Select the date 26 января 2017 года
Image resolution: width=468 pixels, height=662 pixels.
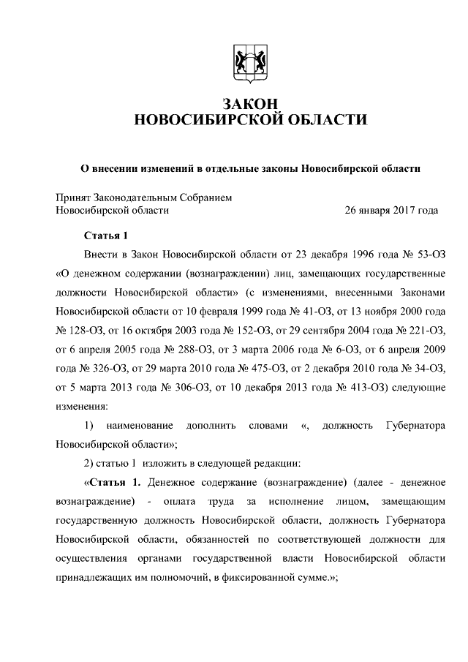pyautogui.click(x=391, y=210)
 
